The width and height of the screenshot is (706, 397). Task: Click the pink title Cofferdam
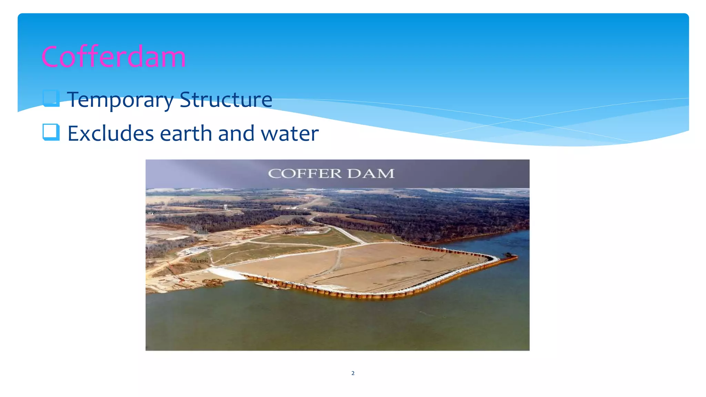pos(113,57)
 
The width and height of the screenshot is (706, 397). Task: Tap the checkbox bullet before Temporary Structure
pos(51,98)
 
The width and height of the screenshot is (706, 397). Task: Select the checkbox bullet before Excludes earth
pos(51,132)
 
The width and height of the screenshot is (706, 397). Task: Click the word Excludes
pos(110,133)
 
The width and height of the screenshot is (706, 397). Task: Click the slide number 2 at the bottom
pos(353,373)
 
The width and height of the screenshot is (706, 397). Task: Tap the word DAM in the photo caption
pos(371,173)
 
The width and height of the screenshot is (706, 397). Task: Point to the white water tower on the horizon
pos(225,207)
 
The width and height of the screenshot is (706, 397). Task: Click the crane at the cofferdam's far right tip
pos(508,255)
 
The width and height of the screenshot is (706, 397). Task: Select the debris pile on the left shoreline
pos(212,283)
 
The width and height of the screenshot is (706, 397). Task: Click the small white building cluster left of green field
pos(195,250)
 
